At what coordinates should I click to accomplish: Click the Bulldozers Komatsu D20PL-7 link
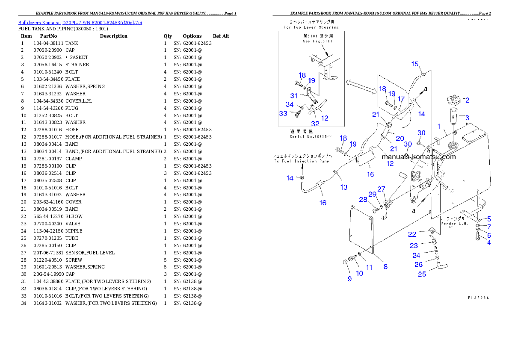80,22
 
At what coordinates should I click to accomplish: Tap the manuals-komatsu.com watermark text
419,156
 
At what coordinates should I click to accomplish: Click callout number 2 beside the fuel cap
468,100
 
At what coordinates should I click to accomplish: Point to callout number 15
415,64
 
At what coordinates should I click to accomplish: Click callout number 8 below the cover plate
385,266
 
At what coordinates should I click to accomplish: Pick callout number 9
349,279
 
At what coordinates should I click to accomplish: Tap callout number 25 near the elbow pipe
422,274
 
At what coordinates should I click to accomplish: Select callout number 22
412,234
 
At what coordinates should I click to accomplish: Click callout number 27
381,189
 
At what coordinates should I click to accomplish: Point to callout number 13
344,187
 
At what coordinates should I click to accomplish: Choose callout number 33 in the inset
283,113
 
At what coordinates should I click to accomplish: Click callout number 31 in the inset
293,96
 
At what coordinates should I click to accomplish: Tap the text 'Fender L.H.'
457,224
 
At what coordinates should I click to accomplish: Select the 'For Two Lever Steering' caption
311,27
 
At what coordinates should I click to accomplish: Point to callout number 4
489,243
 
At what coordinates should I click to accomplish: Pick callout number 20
400,138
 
